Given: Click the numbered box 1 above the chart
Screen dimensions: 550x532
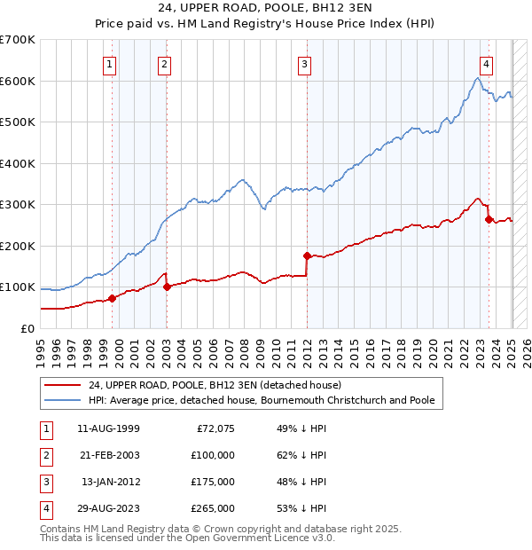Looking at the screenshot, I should pyautogui.click(x=109, y=63).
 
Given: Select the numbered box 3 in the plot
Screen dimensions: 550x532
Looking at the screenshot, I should pyautogui.click(x=304, y=63).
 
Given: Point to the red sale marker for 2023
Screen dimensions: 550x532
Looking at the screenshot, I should pyautogui.click(x=489, y=219).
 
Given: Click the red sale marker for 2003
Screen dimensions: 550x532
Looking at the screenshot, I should pyautogui.click(x=168, y=287).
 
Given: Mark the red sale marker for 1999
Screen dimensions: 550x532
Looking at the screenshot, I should pyautogui.click(x=112, y=298).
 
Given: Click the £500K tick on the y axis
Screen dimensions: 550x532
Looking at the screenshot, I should pyautogui.click(x=18, y=122).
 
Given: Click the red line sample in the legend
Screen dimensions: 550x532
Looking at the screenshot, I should pyautogui.click(x=62, y=385).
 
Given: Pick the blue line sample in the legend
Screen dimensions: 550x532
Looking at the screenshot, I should pyautogui.click(x=62, y=400).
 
